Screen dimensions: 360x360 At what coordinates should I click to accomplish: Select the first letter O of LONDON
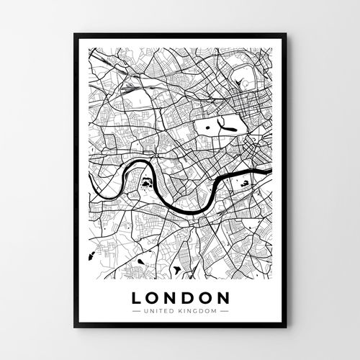tap(153, 297)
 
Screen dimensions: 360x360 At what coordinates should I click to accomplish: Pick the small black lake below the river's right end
tap(247, 186)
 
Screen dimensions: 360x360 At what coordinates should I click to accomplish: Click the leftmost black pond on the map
tap(92, 255)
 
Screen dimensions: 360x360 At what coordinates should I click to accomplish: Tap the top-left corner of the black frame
tap(74, 35)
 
